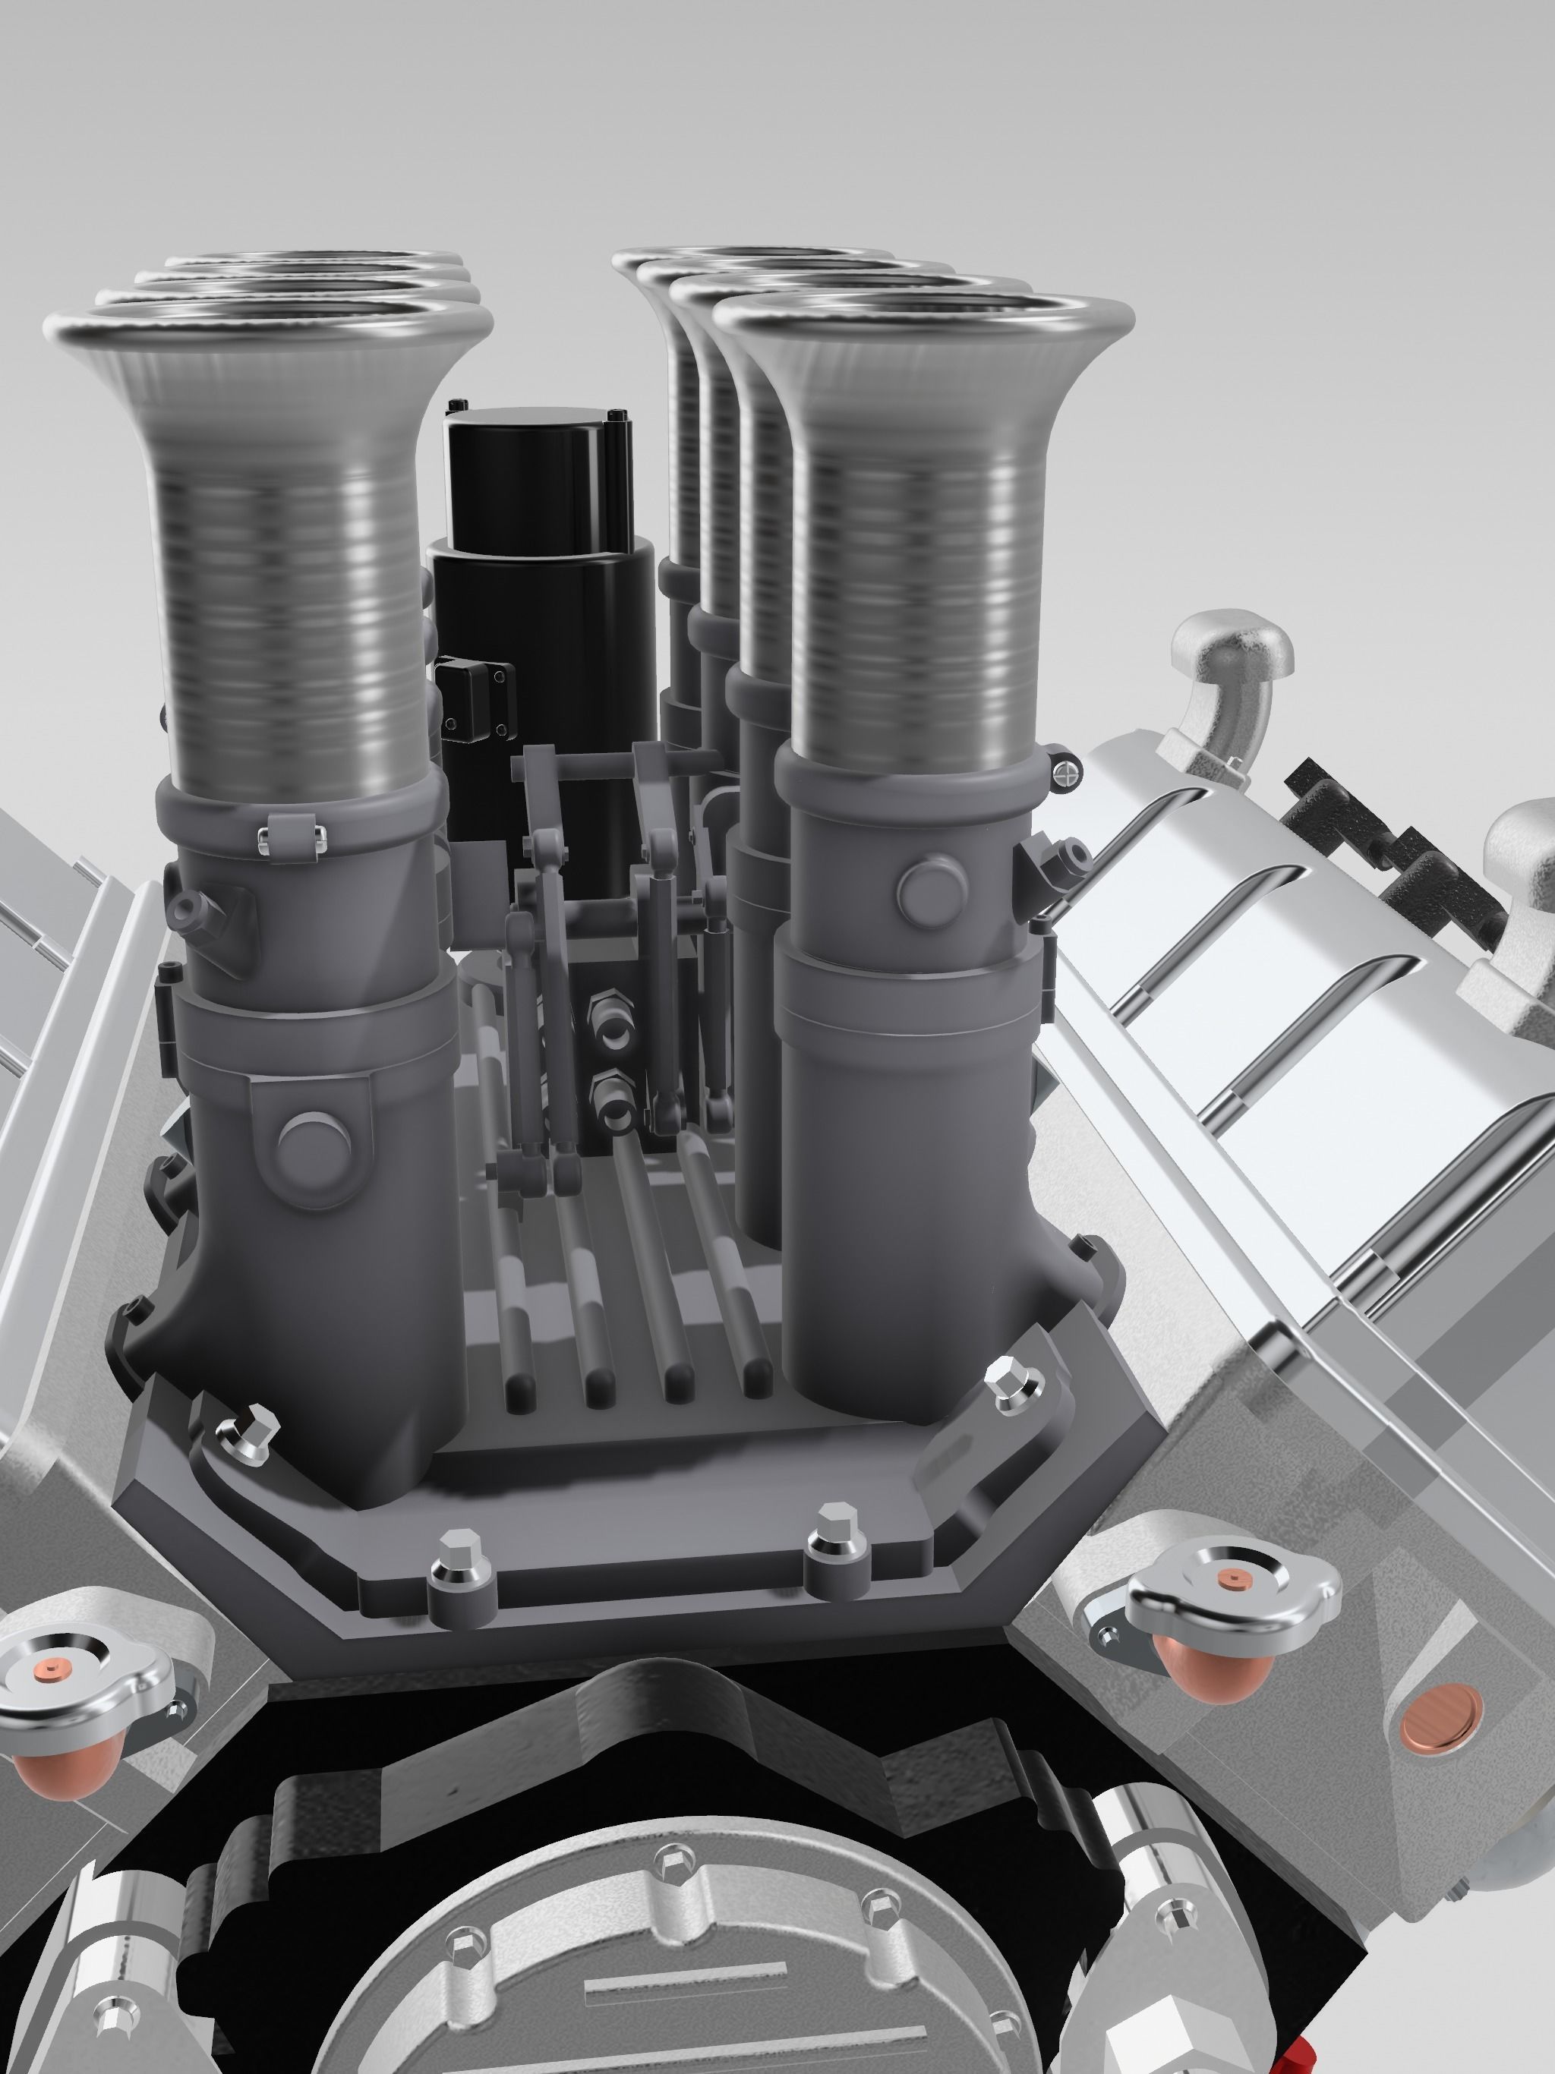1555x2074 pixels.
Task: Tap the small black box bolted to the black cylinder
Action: coord(475,685)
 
